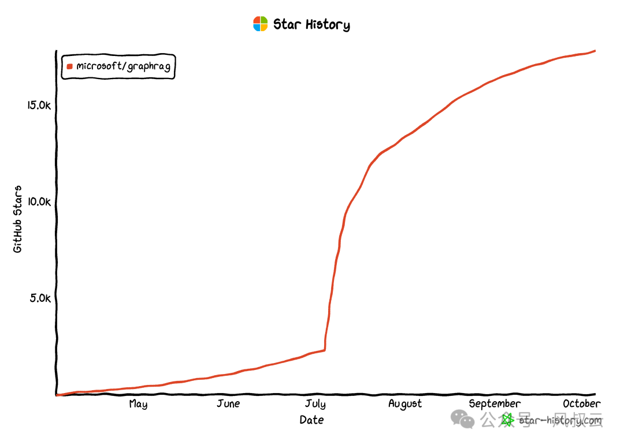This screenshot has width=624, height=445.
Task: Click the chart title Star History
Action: point(311,24)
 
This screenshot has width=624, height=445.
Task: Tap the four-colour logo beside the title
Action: point(261,24)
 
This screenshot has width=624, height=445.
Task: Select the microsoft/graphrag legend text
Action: point(123,66)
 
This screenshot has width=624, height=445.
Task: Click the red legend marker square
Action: point(70,66)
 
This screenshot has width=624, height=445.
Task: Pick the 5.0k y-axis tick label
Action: point(42,298)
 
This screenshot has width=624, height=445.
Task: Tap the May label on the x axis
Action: point(138,404)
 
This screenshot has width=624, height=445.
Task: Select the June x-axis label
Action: point(228,403)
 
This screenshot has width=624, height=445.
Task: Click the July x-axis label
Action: point(315,404)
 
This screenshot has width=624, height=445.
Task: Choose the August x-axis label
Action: point(405,404)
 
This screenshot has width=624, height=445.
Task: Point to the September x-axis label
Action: point(495,403)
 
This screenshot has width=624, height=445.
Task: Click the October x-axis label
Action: point(581,403)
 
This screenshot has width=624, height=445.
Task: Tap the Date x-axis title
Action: point(311,420)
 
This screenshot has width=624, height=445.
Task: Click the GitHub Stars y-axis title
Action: point(18,219)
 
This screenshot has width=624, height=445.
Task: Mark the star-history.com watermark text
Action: point(560,420)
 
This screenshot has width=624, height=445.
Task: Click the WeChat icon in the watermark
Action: point(463,419)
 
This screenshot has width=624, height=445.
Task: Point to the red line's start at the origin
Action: point(57,395)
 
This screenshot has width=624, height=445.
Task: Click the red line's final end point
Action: point(595,51)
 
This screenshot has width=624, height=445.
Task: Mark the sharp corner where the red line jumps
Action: point(325,350)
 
